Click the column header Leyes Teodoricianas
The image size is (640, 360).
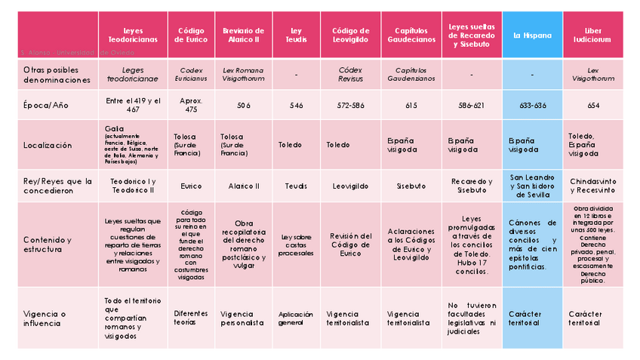click(x=132, y=35)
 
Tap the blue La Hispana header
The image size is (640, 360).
click(x=532, y=35)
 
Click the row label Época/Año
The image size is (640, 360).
click(x=46, y=106)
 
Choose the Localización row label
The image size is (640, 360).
click(x=48, y=145)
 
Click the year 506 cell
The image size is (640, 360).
click(x=243, y=106)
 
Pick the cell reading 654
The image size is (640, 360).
click(x=592, y=106)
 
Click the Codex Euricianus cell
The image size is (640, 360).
click(x=191, y=74)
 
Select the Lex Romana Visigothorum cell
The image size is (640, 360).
click(x=243, y=74)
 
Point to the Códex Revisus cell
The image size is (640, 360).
click(x=350, y=74)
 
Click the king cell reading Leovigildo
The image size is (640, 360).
click(x=350, y=186)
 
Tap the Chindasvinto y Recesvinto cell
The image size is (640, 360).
click(x=592, y=186)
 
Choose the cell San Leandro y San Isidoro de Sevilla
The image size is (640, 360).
click(x=532, y=186)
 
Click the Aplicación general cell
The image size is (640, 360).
click(x=296, y=318)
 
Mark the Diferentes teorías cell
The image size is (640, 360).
click(x=191, y=318)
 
